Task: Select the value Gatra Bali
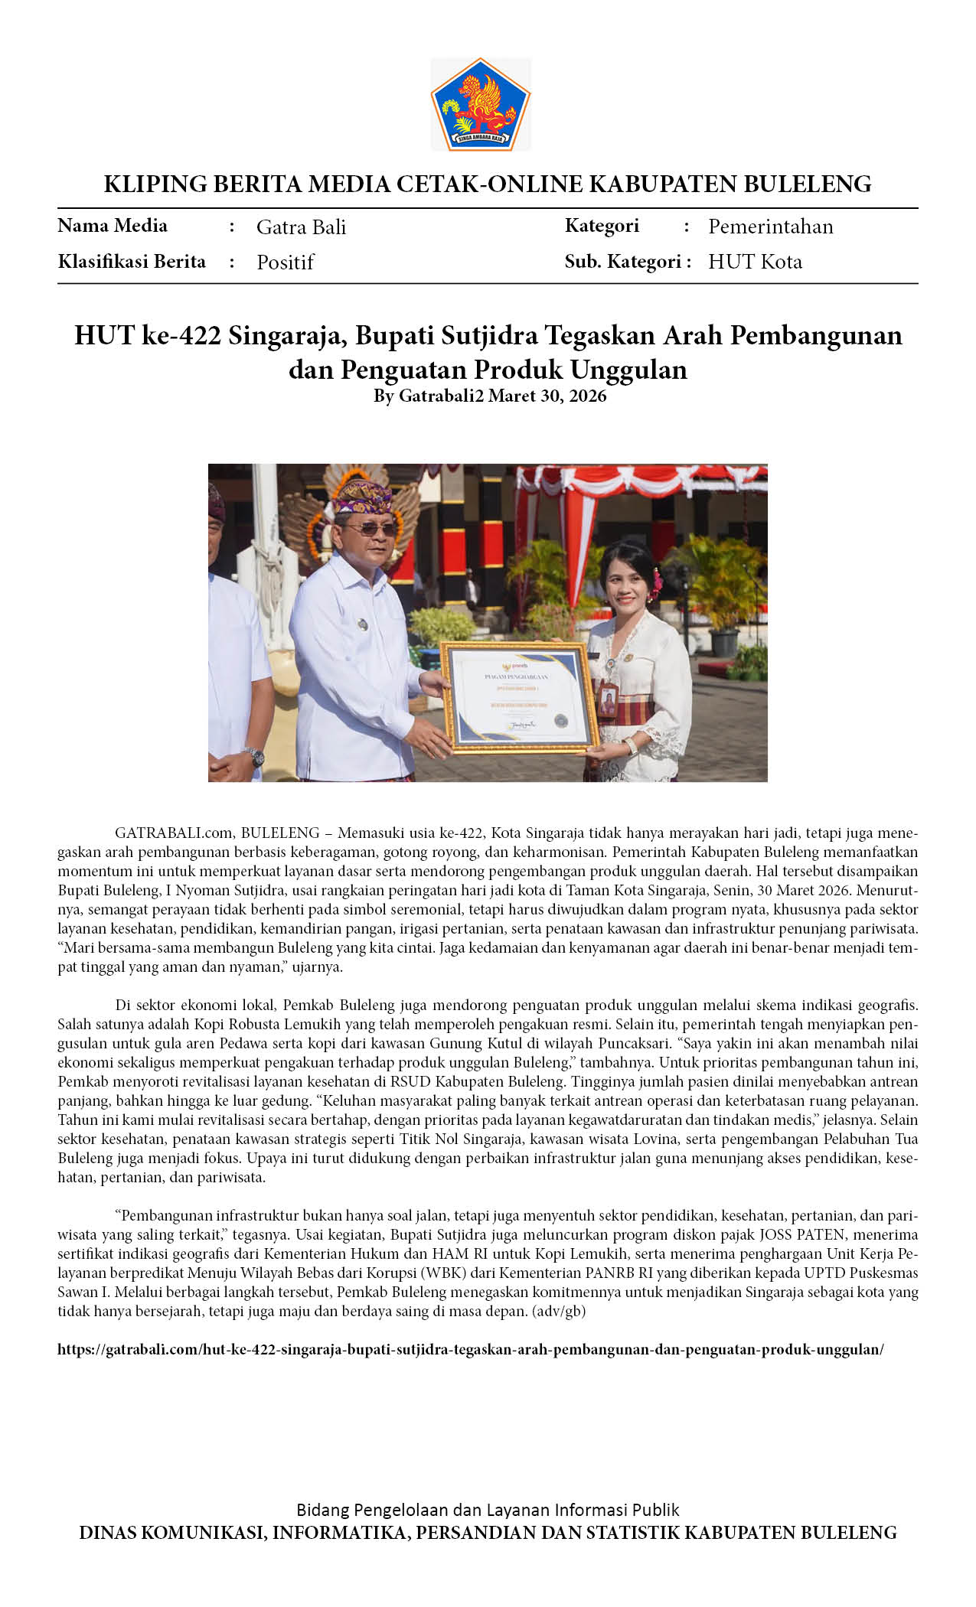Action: pyautogui.click(x=301, y=227)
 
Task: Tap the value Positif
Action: pyautogui.click(x=285, y=262)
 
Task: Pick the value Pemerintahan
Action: pyautogui.click(x=770, y=227)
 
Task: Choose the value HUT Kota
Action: pyautogui.click(x=755, y=262)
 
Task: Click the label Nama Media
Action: pyautogui.click(x=113, y=226)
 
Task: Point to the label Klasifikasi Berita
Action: pyautogui.click(x=132, y=262)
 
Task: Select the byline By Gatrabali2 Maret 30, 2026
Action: pyautogui.click(x=489, y=396)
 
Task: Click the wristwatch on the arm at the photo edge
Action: pyautogui.click(x=254, y=756)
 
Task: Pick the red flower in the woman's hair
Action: pyautogui.click(x=657, y=582)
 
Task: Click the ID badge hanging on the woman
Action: pyautogui.click(x=608, y=701)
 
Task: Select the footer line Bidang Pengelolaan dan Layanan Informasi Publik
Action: pyautogui.click(x=488, y=1510)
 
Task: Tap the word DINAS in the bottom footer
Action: pyautogui.click(x=108, y=1533)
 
